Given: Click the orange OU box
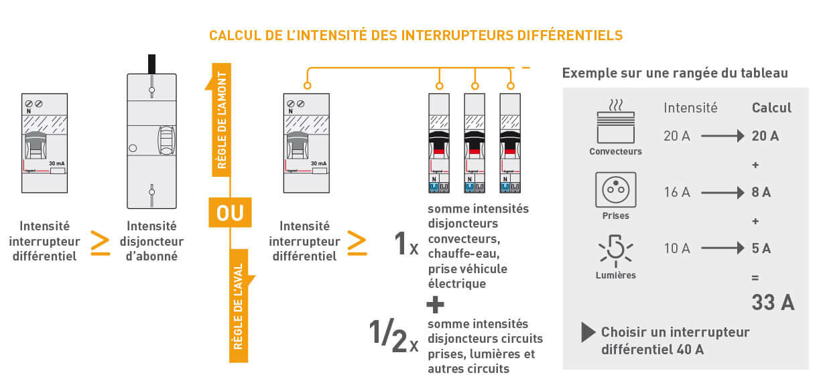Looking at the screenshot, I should pyautogui.click(x=230, y=214).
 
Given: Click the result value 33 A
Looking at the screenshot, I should pyautogui.click(x=772, y=303).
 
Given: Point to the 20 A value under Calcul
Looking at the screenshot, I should pyautogui.click(x=765, y=136).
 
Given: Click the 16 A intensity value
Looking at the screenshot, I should pyautogui.click(x=676, y=193).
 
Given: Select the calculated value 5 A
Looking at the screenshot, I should pyautogui.click(x=761, y=248).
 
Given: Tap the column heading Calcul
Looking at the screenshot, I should pyautogui.click(x=771, y=108).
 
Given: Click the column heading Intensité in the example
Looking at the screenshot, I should pyautogui.click(x=690, y=108).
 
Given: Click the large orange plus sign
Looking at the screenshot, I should pyautogui.click(x=435, y=305).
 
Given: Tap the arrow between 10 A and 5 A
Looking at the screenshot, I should pyautogui.click(x=720, y=248).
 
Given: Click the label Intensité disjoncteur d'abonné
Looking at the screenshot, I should pyautogui.click(x=151, y=241).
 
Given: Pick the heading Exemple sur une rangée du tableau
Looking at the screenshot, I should pyautogui.click(x=675, y=73).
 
